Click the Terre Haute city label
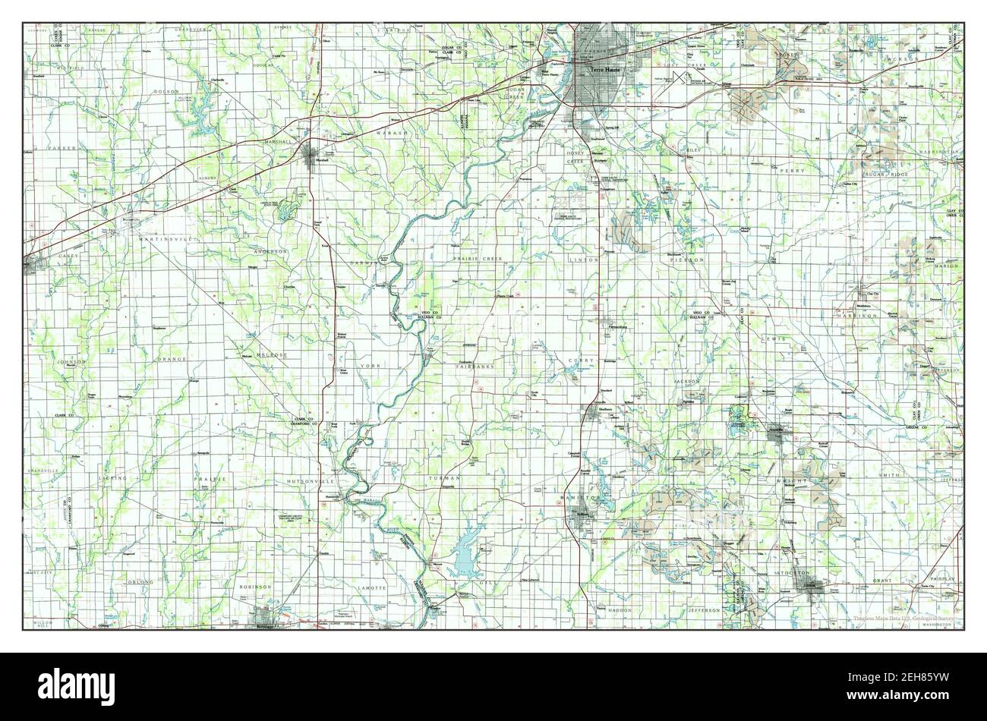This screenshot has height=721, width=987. pyautogui.click(x=607, y=69)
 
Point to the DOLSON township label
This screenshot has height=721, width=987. pyautogui.click(x=166, y=91)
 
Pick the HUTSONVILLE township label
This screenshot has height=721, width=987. pyautogui.click(x=307, y=481)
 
